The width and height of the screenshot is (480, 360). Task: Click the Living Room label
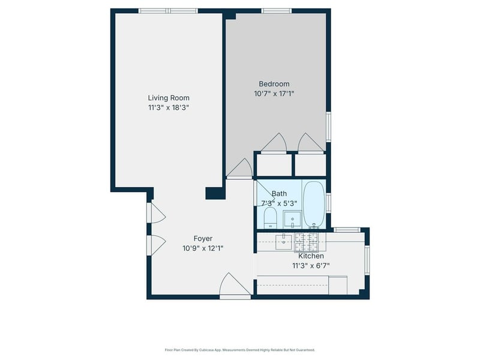(169, 98)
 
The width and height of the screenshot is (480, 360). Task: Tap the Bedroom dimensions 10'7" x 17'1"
(274, 94)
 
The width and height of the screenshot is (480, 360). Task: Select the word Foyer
(203, 238)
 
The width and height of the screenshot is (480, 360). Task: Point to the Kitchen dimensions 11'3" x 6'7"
(311, 266)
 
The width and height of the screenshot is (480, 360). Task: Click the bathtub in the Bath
(314, 204)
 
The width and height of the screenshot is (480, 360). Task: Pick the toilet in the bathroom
(271, 218)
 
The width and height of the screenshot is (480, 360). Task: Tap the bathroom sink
(292, 219)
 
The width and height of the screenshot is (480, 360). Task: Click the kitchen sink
(284, 242)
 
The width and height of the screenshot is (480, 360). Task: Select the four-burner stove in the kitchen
(306, 242)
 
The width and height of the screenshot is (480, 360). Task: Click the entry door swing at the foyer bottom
(235, 284)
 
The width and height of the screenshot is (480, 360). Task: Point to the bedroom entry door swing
(239, 168)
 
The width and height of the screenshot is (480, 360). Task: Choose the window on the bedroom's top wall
(277, 11)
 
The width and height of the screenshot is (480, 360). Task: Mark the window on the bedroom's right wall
(328, 127)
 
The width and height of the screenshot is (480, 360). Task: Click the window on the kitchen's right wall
(367, 260)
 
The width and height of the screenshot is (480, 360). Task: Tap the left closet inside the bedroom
(274, 166)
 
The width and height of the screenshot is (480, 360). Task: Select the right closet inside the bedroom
(310, 166)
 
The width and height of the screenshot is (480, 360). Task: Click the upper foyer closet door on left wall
(156, 213)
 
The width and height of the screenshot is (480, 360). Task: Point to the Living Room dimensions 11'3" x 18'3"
(169, 108)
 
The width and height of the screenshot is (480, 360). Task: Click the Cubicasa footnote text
(239, 350)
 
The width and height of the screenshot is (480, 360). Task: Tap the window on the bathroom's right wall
(328, 203)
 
